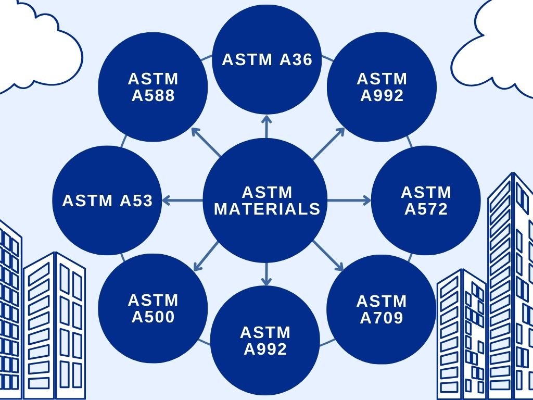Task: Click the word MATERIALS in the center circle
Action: [x=267, y=209]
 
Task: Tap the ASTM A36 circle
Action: [x=267, y=59]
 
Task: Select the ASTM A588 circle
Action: [x=153, y=87]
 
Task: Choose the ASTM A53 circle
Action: [x=107, y=201]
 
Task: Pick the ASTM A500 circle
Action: [x=153, y=308]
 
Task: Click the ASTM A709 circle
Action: [x=382, y=309]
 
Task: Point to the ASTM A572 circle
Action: [x=426, y=201]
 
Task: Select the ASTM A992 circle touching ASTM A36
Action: [x=382, y=87]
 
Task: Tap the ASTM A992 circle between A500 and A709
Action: [x=265, y=341]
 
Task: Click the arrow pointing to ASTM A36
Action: [x=266, y=127]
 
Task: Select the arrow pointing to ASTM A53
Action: [x=183, y=201]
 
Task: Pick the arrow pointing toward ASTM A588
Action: [x=206, y=142]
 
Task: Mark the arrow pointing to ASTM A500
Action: [x=206, y=256]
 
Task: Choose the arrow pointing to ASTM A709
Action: [x=328, y=255]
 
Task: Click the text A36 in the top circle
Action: [x=296, y=59]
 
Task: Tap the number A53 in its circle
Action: [x=136, y=201]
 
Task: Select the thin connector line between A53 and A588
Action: [x=124, y=141]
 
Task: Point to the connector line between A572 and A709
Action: [x=410, y=258]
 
